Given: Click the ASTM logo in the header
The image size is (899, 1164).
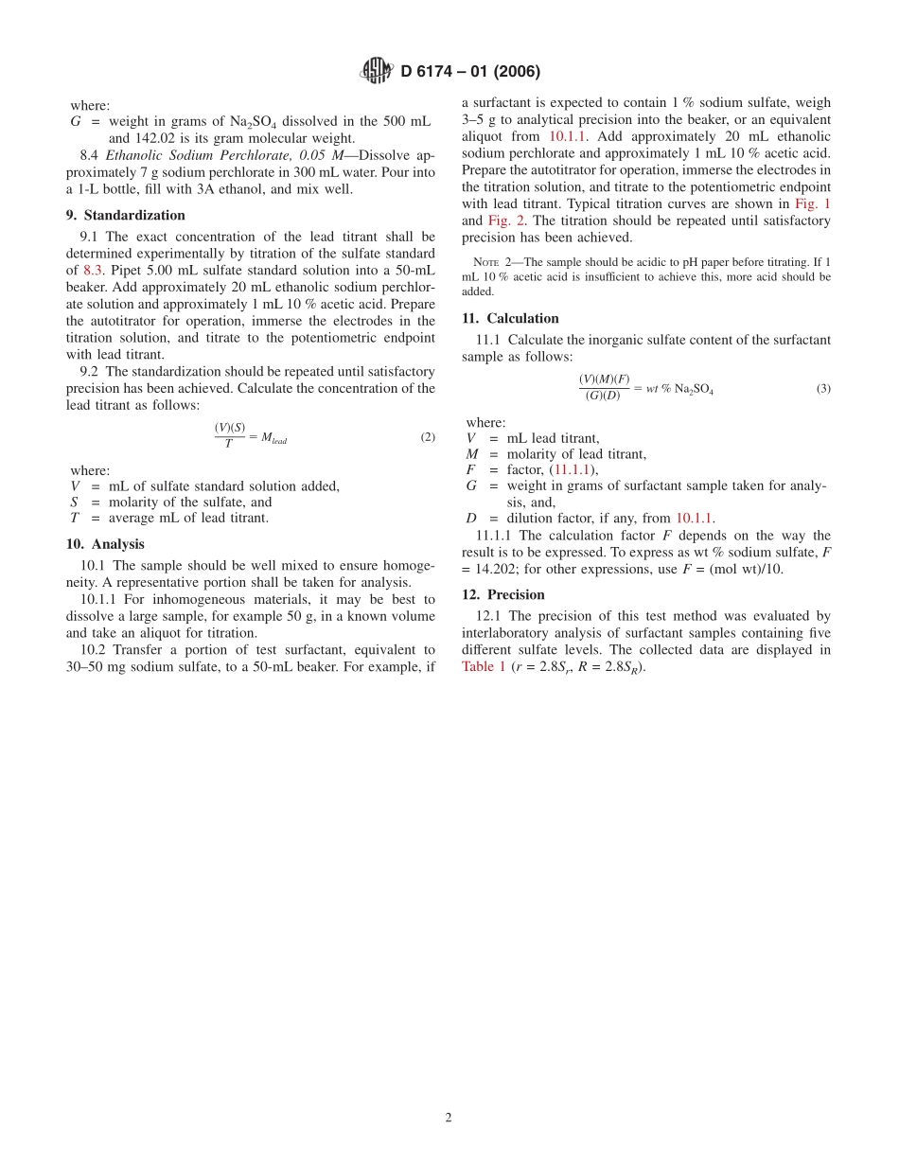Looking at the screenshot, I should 376,71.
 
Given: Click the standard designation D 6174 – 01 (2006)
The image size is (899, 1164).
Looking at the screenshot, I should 470,72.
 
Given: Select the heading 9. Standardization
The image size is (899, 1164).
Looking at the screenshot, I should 125,216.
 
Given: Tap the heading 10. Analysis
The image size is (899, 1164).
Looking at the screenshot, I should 105,544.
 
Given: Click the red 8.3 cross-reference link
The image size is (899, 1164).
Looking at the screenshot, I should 93,270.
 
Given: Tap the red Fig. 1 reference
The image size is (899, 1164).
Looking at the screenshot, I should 813,203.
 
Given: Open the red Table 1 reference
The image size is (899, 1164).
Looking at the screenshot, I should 484,666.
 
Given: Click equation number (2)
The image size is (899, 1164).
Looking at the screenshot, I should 428,437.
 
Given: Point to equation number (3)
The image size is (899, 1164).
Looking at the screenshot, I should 823,388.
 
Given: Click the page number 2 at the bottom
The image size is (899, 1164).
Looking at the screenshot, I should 449,1117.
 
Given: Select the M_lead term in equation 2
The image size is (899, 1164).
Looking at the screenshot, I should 273,438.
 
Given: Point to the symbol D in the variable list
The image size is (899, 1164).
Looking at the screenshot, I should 470,519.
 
